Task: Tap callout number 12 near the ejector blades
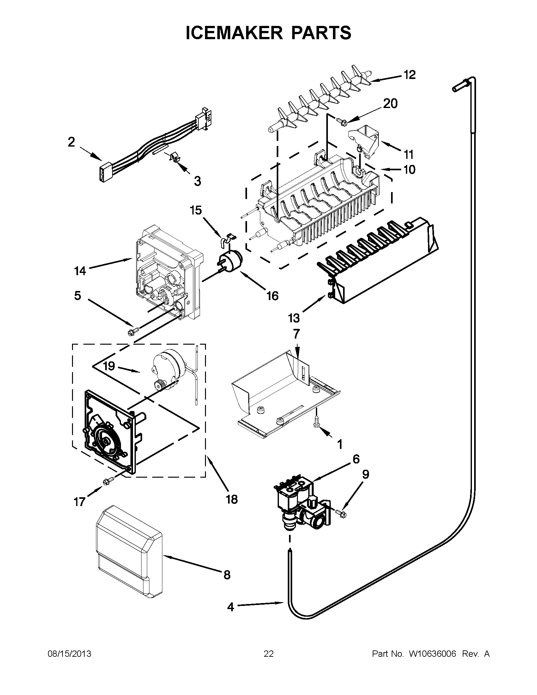[x=409, y=75]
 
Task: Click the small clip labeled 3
[x=173, y=157]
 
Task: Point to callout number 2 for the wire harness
[x=71, y=142]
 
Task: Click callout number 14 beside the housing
[x=80, y=271]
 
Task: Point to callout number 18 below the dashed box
[x=232, y=499]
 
